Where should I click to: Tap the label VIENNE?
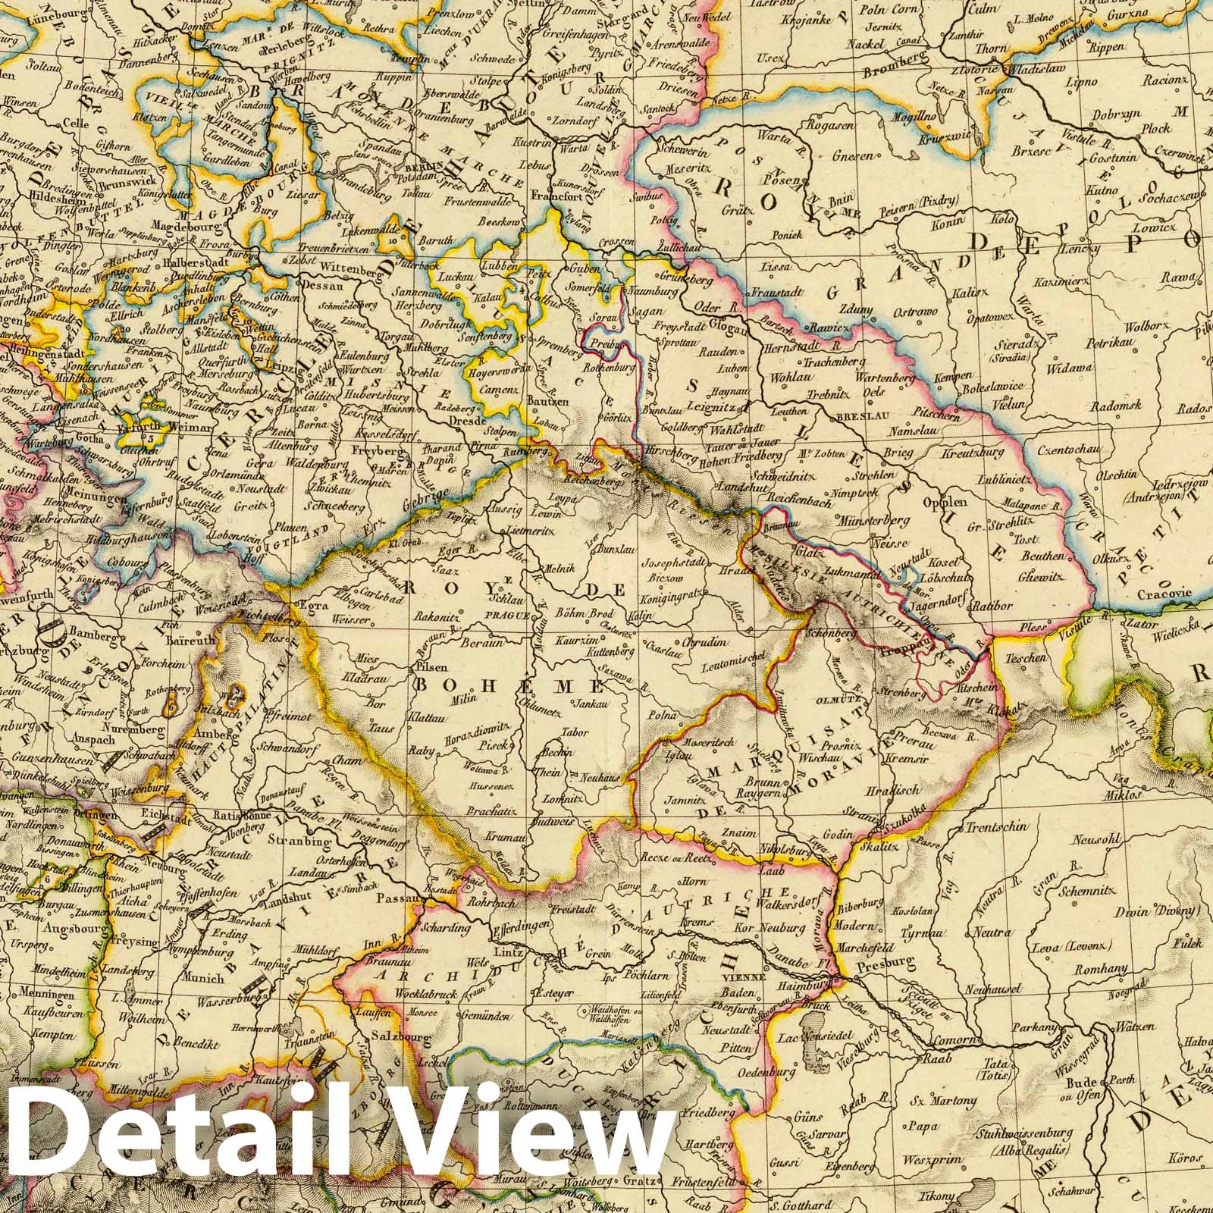coord(737,978)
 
